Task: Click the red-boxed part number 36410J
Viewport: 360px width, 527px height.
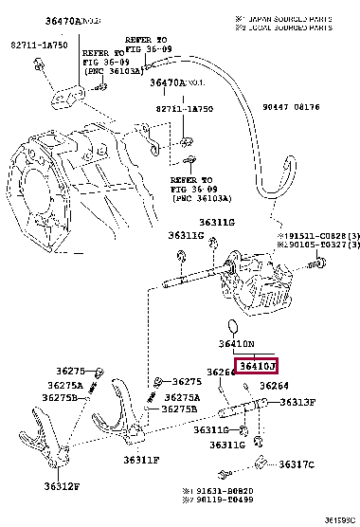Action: point(258,366)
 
